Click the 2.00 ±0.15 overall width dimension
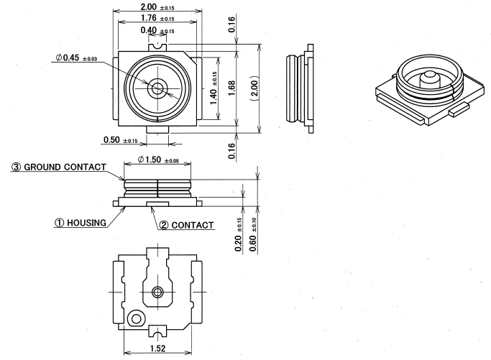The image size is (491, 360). pyautogui.click(x=152, y=6)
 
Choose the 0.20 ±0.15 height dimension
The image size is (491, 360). pyautogui.click(x=239, y=232)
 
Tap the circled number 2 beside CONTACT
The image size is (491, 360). pyautogui.click(x=165, y=225)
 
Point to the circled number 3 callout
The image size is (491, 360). pyautogui.click(x=15, y=167)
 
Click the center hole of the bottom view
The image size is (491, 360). pyautogui.click(x=158, y=292)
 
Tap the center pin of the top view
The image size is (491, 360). pyautogui.click(x=157, y=88)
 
